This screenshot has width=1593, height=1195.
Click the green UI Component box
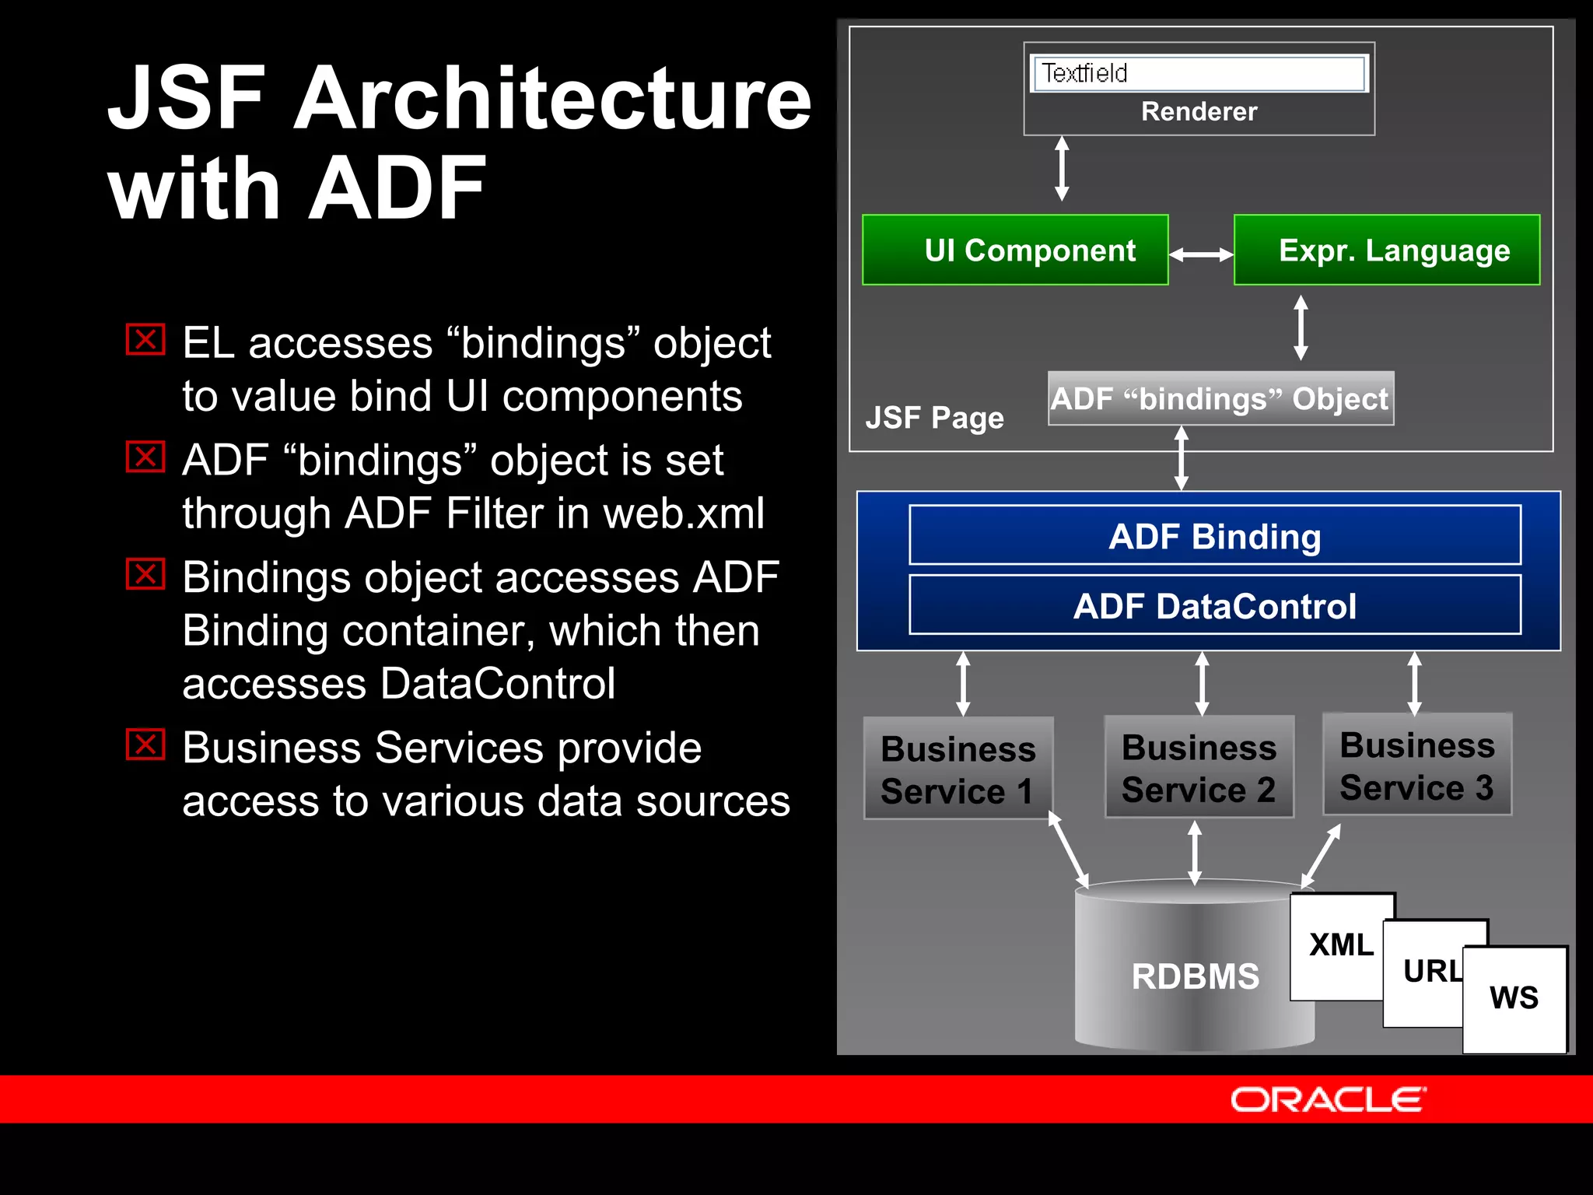pos(1015,250)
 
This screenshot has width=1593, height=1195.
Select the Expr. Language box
pos(1386,250)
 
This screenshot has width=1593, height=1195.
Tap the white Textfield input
pos(1198,73)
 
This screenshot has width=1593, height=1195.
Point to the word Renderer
pos(1199,112)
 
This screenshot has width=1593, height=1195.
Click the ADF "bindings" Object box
pos(1220,399)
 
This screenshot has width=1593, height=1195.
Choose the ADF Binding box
pos(1214,536)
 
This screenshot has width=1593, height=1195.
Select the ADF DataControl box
pos(1214,606)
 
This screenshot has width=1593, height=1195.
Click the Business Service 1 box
pos(958,769)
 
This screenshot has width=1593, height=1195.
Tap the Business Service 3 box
pos(1416,766)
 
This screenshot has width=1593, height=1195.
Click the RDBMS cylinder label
pos(1195,976)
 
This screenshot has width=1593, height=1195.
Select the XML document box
pos(1340,945)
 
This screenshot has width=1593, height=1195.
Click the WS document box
pos(1514,998)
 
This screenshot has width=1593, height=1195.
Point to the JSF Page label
pos(934,418)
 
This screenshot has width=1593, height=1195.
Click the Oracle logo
pos(1328,1100)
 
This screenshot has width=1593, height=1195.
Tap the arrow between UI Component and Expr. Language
pos(1201,254)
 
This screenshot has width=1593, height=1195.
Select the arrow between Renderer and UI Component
pos(1062,169)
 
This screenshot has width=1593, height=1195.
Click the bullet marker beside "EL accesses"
pos(145,340)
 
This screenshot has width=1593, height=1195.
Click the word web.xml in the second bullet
pos(684,514)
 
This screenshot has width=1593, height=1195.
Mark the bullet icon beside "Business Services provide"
pos(145,745)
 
